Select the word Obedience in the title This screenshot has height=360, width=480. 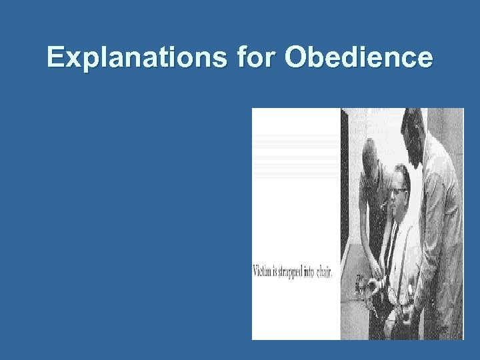click(359, 58)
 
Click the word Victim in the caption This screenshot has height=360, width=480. click(261, 271)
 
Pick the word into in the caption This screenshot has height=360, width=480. click(309, 271)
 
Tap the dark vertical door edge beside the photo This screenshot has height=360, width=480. click(345, 220)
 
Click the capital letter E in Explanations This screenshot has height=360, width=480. click(55, 58)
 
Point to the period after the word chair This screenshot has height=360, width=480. click(331, 274)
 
